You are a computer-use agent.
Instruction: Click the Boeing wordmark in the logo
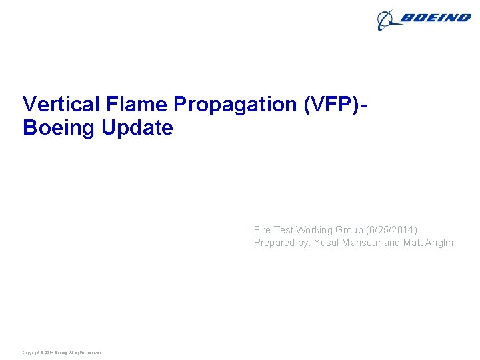tap(435, 18)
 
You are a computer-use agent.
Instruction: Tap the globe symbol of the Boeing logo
tap(387, 21)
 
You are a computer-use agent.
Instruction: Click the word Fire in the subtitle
tap(263, 230)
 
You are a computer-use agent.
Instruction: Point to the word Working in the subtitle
tap(314, 230)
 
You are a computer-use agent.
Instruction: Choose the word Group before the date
tap(349, 230)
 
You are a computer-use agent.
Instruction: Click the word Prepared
tap(275, 243)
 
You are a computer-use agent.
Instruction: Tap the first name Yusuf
tap(327, 243)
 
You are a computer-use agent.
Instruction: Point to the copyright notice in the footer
tap(62, 353)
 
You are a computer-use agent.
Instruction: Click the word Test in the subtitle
tap(284, 230)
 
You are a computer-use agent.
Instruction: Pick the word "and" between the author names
tap(393, 243)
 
